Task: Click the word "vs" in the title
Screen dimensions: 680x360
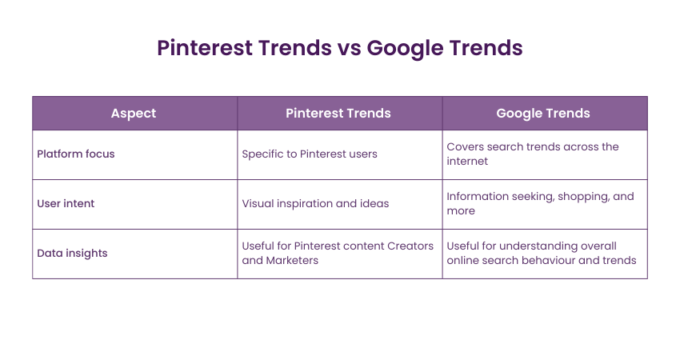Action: pos(349,48)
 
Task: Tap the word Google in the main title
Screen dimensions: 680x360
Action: pos(405,49)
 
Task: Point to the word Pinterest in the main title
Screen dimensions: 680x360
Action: pos(205,48)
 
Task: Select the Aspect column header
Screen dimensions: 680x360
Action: pos(134,114)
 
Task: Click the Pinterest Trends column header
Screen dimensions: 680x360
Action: pos(338,114)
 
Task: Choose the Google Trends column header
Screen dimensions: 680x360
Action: pos(543,114)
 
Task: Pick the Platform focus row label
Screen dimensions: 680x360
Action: pos(76,154)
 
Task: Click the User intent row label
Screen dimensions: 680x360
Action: pos(66,203)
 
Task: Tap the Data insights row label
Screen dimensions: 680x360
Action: pos(72,254)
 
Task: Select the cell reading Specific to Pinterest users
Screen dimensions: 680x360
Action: pos(310,154)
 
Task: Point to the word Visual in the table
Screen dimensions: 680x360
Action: pos(258,203)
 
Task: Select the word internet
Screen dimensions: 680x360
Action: pos(467,162)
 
